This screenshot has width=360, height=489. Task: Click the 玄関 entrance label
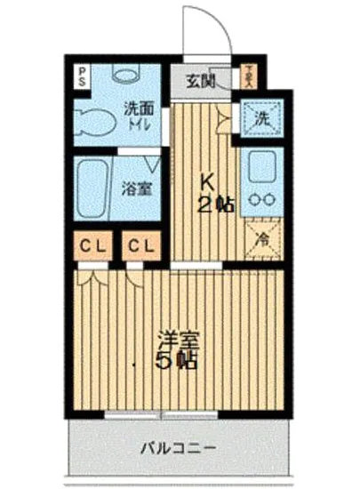(201, 82)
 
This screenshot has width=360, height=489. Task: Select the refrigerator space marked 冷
(263, 237)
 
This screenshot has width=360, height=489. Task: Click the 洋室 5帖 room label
(178, 350)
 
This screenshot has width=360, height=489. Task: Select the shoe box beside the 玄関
(249, 75)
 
